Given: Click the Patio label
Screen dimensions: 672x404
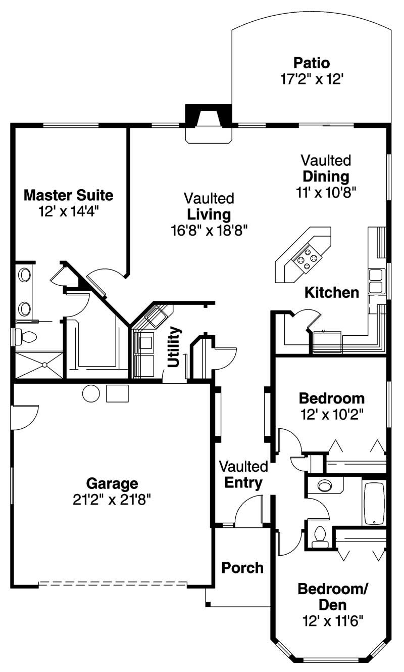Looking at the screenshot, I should point(312,63).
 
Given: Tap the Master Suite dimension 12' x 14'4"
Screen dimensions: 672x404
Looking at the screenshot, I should point(68,211).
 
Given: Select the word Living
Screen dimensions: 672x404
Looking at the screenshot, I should point(209,214).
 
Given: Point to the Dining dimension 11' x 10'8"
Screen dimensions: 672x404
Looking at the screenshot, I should point(326,193).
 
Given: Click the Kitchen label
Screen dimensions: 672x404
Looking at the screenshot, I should point(332,292).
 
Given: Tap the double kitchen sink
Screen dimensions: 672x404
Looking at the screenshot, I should point(376,282).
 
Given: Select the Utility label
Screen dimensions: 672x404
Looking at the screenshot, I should point(174,347).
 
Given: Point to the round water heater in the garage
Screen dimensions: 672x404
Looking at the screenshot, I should point(91,393).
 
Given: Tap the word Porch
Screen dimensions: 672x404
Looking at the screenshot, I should point(242,568).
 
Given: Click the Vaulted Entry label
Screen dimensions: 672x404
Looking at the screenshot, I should point(243,475).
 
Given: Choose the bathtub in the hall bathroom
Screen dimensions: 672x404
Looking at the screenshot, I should point(373,504).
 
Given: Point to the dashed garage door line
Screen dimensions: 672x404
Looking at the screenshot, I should point(113,583).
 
